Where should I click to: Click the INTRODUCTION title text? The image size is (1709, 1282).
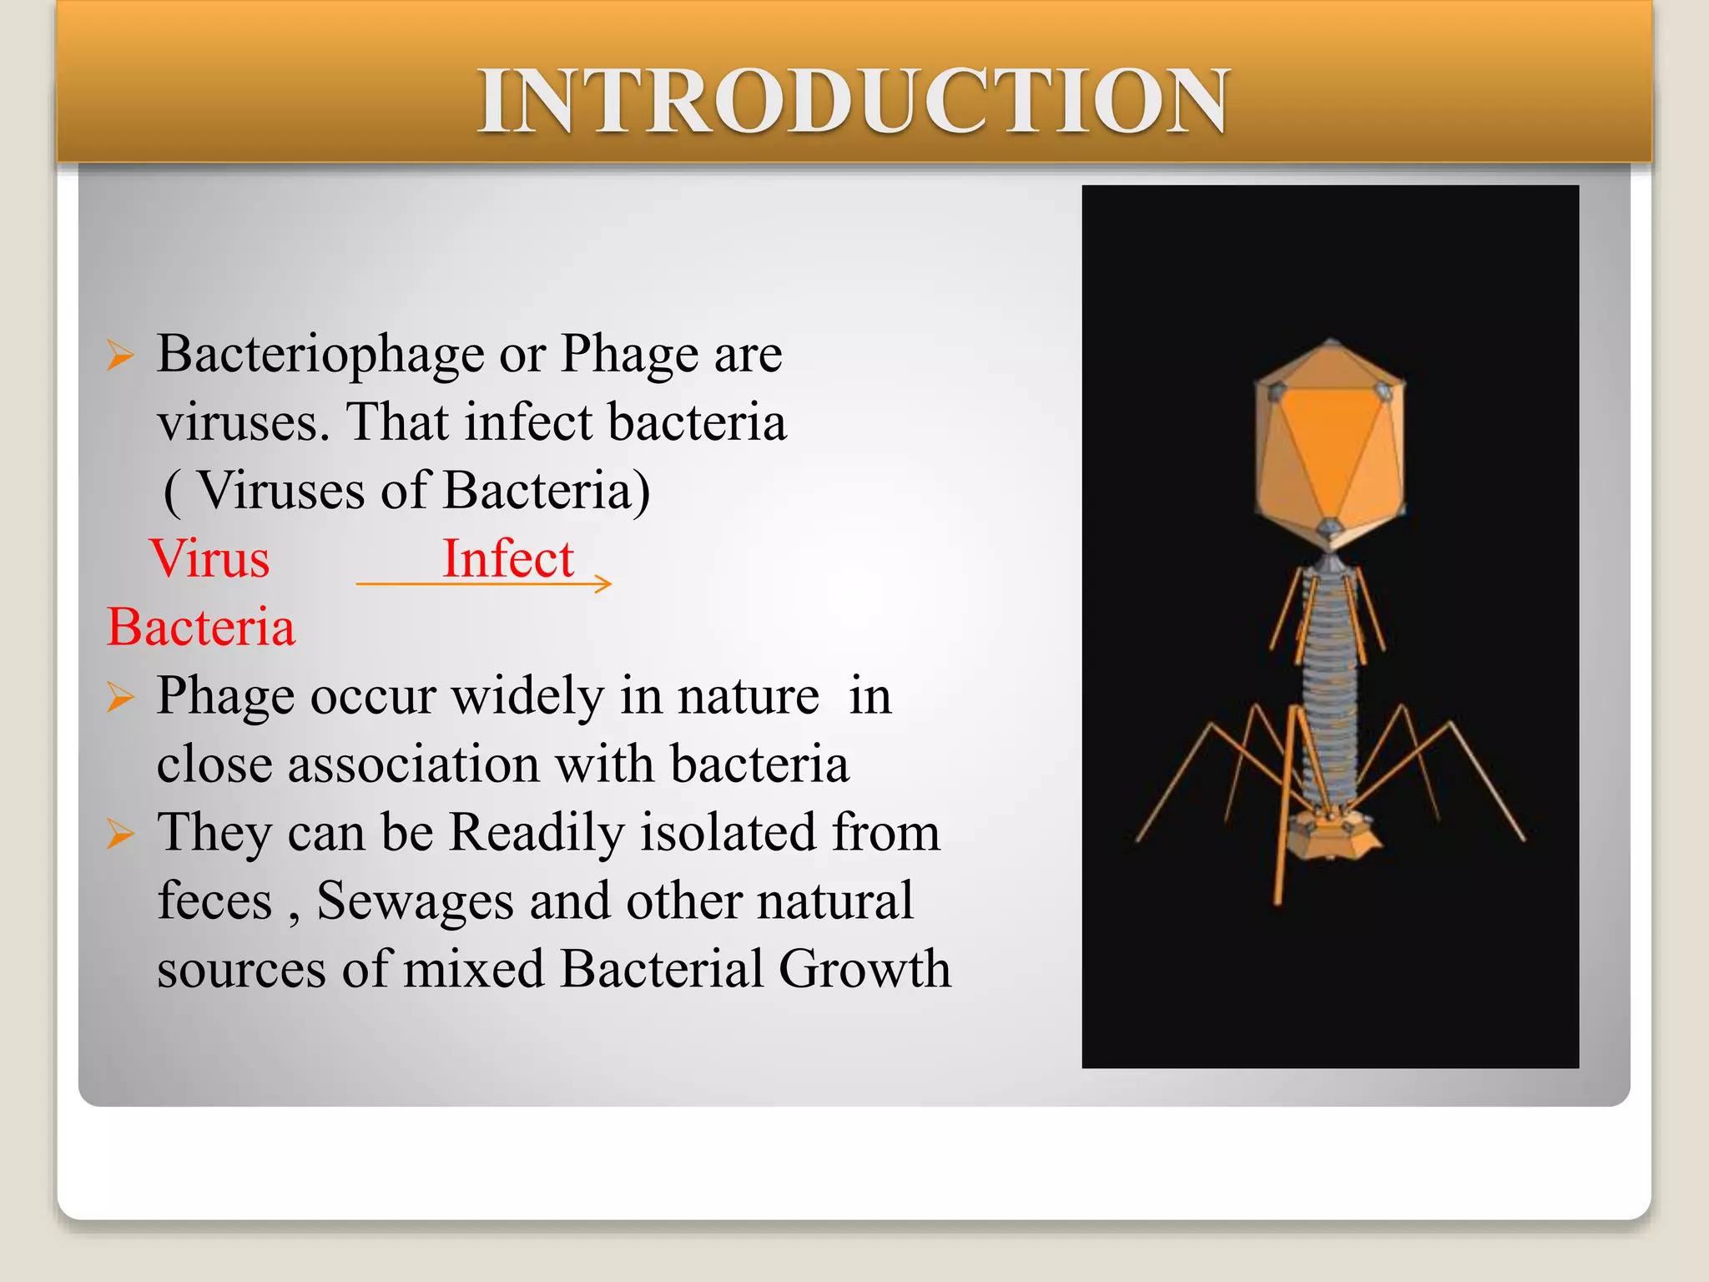[853, 102]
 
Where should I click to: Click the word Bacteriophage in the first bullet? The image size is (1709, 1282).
[320, 355]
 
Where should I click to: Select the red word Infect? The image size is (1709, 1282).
[508, 558]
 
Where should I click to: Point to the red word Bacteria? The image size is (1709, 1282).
[201, 627]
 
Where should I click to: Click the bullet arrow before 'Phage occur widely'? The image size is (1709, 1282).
[120, 696]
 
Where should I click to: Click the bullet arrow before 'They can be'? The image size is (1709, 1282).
[120, 833]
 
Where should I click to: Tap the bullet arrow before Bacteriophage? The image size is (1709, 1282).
[120, 356]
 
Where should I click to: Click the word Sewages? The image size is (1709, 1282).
[414, 901]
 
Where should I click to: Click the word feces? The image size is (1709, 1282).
[215, 901]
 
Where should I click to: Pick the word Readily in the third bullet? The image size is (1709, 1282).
[536, 833]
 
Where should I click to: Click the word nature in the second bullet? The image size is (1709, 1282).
[748, 696]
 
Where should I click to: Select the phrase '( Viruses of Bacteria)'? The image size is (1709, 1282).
[406, 491]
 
